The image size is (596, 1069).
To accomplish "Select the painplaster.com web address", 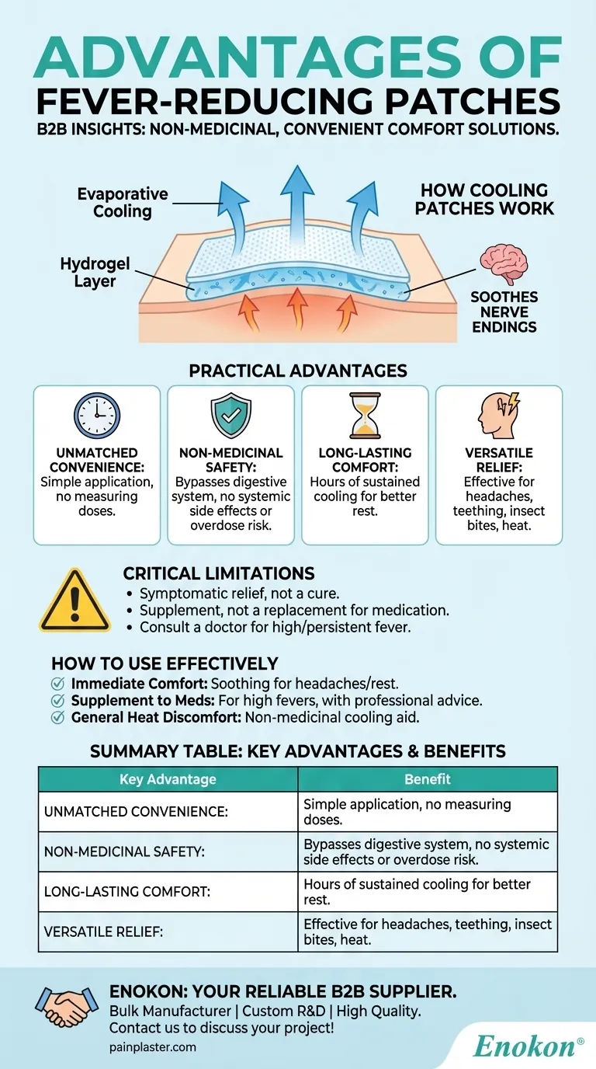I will pyautogui.click(x=153, y=1047).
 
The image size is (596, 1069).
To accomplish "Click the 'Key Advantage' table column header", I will pyautogui.click(x=168, y=779).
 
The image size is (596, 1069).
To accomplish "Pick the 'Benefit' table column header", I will pyautogui.click(x=428, y=779).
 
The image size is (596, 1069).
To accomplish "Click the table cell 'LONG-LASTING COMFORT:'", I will pyautogui.click(x=127, y=892).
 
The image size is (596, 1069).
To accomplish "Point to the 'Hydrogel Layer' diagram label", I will pyautogui.click(x=88, y=273).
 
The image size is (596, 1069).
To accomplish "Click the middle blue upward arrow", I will pyautogui.click(x=297, y=194).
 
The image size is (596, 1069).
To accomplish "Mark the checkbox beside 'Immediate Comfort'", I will pyautogui.click(x=57, y=684).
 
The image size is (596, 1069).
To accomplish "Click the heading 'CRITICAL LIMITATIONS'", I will pyautogui.click(x=219, y=574).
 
